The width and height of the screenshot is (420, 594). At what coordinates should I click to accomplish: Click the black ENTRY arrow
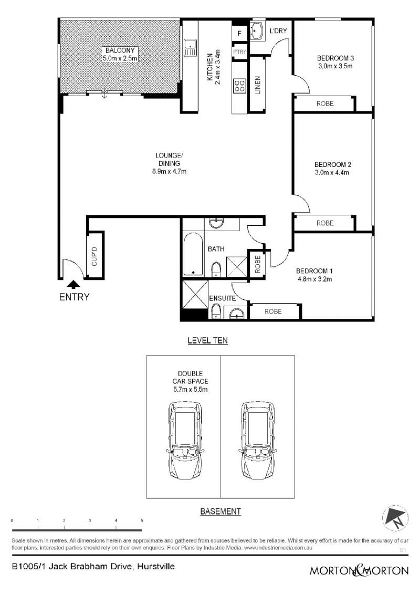[x=73, y=285]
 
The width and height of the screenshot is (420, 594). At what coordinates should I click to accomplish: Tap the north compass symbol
[x=395, y=518]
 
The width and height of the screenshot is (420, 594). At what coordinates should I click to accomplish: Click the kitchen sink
[x=190, y=48]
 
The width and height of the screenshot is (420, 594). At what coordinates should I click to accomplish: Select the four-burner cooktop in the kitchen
[x=239, y=86]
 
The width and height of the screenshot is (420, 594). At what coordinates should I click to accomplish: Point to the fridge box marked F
[x=239, y=33]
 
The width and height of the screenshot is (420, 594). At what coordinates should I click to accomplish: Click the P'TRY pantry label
[x=239, y=51]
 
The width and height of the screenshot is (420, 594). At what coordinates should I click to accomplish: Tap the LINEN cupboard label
[x=258, y=85]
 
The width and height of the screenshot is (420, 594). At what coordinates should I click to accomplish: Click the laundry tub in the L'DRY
[x=257, y=30]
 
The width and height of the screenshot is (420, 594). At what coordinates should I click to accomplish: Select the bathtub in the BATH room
[x=193, y=254]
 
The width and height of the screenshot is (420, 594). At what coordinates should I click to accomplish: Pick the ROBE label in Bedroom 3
[x=325, y=103]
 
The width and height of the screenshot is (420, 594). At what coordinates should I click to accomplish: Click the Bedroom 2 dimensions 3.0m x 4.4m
[x=332, y=173]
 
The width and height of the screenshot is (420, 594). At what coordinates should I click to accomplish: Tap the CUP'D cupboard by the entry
[x=94, y=256]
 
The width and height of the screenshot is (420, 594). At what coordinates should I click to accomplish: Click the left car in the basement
[x=185, y=441]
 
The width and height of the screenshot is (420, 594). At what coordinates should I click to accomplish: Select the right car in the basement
[x=257, y=441]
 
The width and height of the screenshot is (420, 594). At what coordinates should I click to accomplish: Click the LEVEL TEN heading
[x=207, y=340]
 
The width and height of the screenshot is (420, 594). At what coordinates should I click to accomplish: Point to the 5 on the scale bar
[x=142, y=520]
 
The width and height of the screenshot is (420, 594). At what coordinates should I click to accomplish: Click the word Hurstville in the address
[x=155, y=567]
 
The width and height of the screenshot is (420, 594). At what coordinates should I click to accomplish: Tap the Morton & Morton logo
[x=359, y=570]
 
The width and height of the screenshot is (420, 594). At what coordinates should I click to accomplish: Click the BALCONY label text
[x=120, y=50]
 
